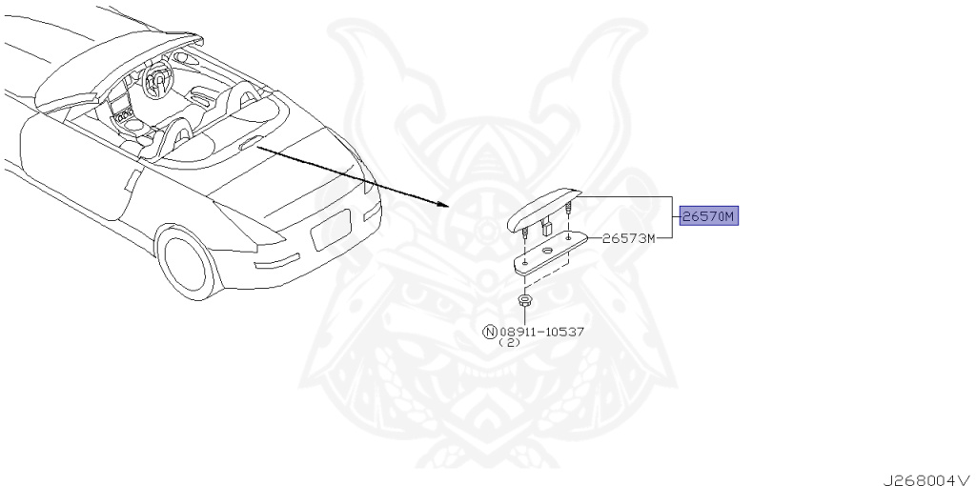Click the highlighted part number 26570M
click(708, 216)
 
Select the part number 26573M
click(628, 238)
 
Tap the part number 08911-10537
click(541, 333)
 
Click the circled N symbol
click(490, 333)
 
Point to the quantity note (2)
click(510, 344)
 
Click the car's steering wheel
click(156, 81)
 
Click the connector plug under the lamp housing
click(547, 227)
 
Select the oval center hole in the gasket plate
click(546, 250)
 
